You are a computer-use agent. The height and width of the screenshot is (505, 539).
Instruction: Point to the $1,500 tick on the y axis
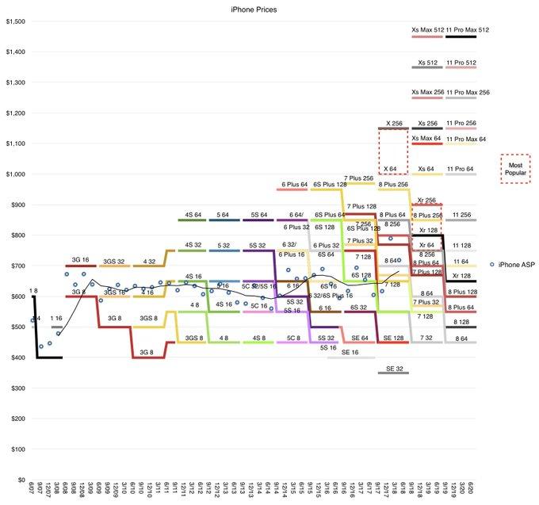[15, 21]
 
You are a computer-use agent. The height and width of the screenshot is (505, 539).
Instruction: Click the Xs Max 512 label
[427, 30]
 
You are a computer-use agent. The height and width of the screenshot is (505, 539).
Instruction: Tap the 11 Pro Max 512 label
[468, 30]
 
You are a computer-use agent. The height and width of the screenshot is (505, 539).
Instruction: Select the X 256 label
[394, 124]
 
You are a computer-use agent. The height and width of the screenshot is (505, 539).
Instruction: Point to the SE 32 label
[394, 369]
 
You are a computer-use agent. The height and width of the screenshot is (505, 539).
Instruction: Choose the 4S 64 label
[193, 215]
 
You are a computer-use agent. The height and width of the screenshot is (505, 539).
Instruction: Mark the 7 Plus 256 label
[359, 178]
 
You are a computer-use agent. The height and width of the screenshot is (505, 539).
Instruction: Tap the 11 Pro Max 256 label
[468, 93]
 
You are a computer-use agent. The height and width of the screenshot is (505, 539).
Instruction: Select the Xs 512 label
[427, 62]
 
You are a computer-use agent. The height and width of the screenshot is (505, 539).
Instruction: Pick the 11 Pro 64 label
[461, 170]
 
